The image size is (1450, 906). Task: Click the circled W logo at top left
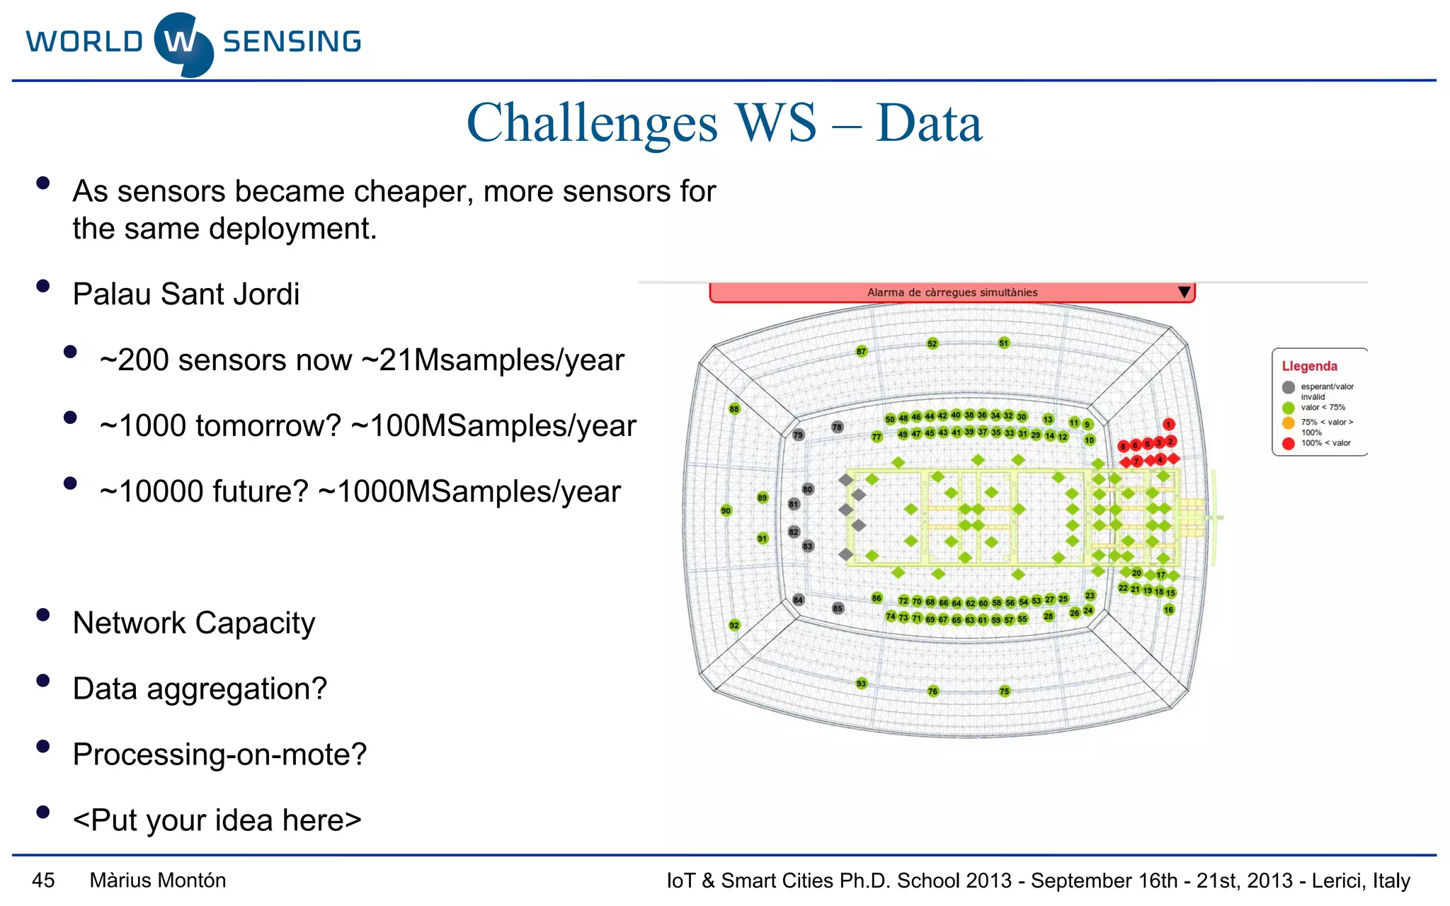pyautogui.click(x=183, y=43)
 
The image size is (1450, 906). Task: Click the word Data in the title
pyautogui.click(x=929, y=123)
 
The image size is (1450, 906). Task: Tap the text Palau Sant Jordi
pyautogui.click(x=186, y=294)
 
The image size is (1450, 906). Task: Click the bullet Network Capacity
pyautogui.click(x=193, y=623)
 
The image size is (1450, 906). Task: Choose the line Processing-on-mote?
pyautogui.click(x=219, y=754)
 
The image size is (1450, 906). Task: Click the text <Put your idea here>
pyautogui.click(x=217, y=820)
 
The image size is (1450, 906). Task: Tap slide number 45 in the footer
pyautogui.click(x=43, y=880)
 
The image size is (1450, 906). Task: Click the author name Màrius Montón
pyautogui.click(x=158, y=880)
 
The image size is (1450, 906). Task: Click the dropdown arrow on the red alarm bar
pyautogui.click(x=1184, y=292)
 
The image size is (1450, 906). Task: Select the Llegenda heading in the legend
pyautogui.click(x=1309, y=366)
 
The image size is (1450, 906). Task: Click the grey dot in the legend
pyautogui.click(x=1288, y=387)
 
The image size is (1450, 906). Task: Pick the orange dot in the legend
pyautogui.click(x=1288, y=423)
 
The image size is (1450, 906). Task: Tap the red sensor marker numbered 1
pyautogui.click(x=1169, y=424)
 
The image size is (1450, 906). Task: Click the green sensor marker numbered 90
pyautogui.click(x=726, y=510)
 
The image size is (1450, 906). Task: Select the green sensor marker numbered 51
pyautogui.click(x=1004, y=343)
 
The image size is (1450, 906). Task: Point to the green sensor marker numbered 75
pyautogui.click(x=1005, y=692)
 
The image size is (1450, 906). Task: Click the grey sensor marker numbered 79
pyautogui.click(x=798, y=435)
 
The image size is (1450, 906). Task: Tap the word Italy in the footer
pyautogui.click(x=1391, y=880)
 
